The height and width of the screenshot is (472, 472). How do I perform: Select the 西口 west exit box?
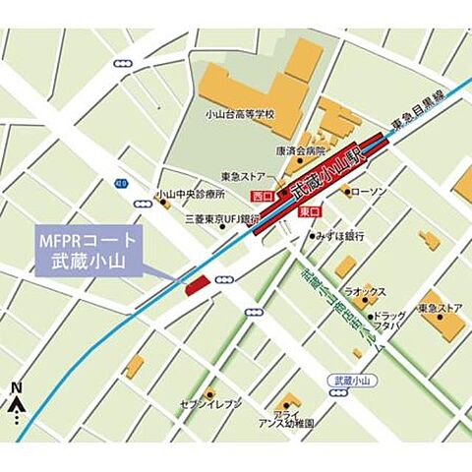263,197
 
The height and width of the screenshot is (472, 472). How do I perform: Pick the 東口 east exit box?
306,211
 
